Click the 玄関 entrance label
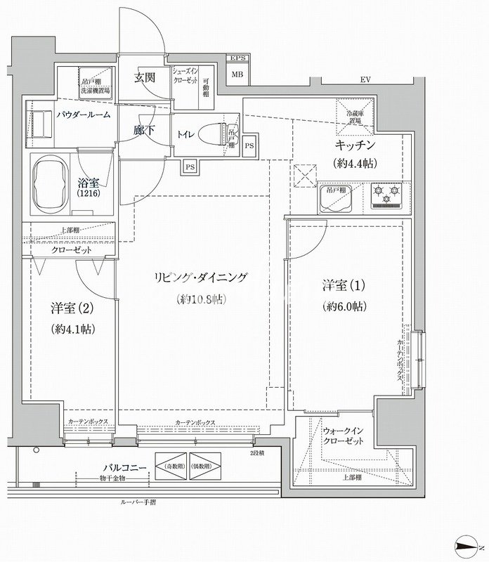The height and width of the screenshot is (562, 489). (x=145, y=79)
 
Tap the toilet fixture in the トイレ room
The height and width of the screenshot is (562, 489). (x=211, y=132)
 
